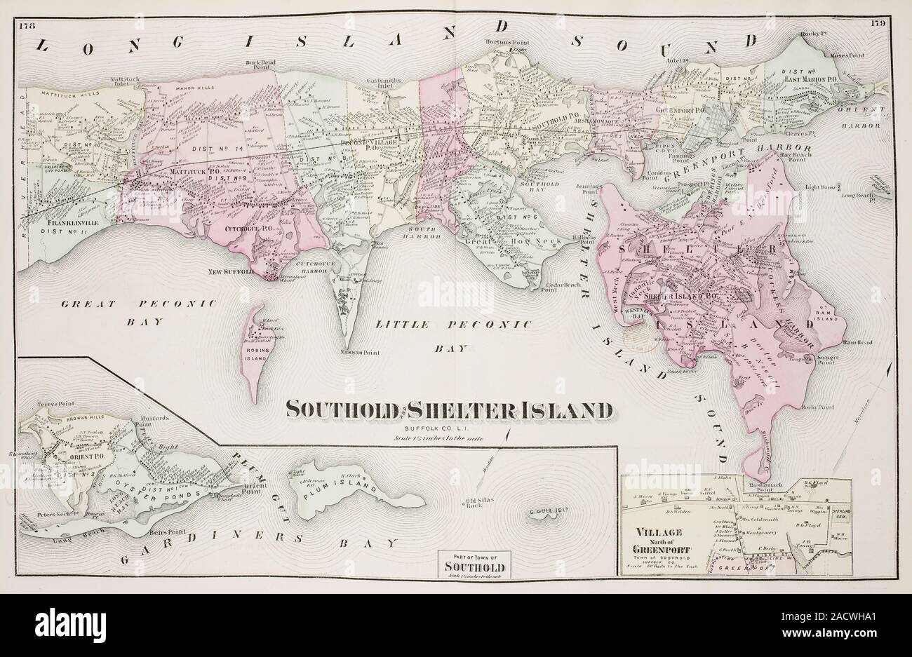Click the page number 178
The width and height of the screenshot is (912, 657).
(x=29, y=27)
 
